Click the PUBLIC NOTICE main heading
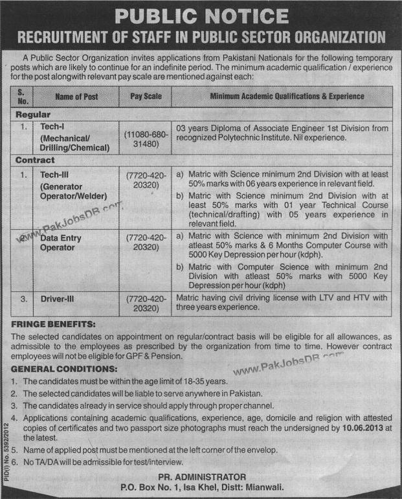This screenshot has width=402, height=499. point(201,16)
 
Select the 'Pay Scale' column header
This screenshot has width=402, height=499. point(146,96)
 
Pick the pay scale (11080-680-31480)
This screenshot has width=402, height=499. point(146,138)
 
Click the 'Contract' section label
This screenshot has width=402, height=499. point(36,160)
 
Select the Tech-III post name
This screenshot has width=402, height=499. point(56,174)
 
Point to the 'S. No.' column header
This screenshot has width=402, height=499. point(24,96)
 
